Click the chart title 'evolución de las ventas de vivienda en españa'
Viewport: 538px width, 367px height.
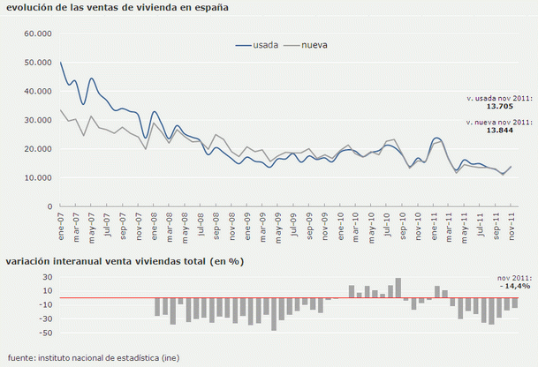coord(117,8)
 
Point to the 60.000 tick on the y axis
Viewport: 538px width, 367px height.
coord(39,34)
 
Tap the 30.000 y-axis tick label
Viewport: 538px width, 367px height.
coord(39,120)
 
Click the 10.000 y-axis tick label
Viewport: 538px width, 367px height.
coord(39,178)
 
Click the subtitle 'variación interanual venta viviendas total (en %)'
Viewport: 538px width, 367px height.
coord(124,261)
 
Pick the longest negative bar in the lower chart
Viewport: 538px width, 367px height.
coord(274,314)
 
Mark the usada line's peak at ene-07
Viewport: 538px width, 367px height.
coord(61,63)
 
